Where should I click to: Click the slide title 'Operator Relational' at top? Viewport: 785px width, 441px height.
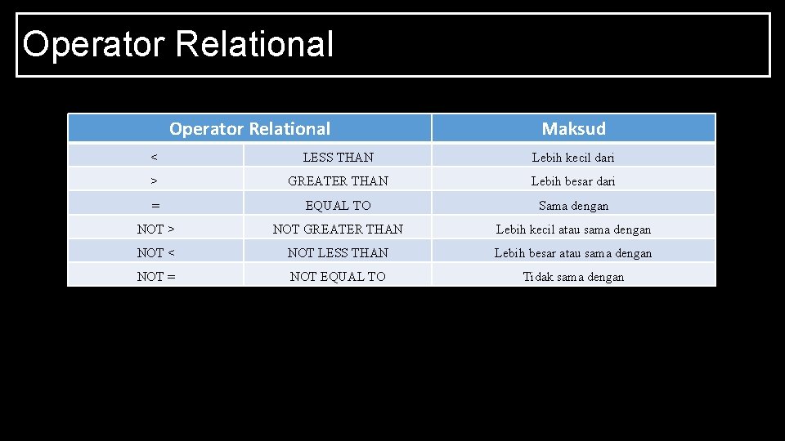(x=178, y=44)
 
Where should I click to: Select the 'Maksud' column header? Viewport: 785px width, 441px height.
(x=573, y=128)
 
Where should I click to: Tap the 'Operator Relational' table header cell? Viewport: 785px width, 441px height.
(x=249, y=128)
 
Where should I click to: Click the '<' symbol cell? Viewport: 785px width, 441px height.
(x=155, y=157)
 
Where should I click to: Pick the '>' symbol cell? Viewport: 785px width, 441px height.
(x=155, y=180)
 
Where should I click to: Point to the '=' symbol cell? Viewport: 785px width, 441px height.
(x=155, y=205)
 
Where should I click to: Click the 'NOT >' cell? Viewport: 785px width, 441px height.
(x=155, y=229)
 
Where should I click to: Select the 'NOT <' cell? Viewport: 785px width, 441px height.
(x=155, y=252)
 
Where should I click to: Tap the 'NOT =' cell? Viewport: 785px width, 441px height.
(x=155, y=276)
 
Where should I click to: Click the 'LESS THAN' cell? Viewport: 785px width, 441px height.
(x=338, y=157)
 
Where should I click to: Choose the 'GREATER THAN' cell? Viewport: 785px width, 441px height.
(x=338, y=180)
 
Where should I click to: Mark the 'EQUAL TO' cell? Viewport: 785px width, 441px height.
(x=338, y=205)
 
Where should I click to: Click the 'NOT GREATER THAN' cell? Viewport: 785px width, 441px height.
(x=338, y=229)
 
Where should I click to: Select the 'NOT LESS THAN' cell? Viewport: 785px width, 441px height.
(x=338, y=252)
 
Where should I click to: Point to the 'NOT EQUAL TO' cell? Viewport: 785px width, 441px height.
(x=338, y=276)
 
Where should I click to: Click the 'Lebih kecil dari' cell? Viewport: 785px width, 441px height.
(x=573, y=157)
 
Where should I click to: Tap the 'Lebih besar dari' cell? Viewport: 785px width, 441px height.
(x=573, y=180)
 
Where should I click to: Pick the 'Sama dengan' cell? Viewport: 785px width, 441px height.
(x=573, y=205)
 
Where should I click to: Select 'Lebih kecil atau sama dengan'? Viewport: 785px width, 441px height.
(x=573, y=229)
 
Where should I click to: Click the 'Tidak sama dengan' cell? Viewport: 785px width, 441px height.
(x=573, y=276)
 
